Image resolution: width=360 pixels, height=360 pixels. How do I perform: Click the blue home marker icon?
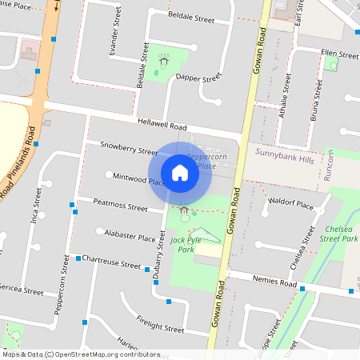180,172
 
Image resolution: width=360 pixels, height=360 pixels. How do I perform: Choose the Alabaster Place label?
130,238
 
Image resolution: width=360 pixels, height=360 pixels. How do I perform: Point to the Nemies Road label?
277,284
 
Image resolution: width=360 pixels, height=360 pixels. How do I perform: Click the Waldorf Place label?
291,204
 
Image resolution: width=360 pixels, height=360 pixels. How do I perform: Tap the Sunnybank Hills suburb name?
286,151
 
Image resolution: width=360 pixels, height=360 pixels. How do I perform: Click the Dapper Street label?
198,78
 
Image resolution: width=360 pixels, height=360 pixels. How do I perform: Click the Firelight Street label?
161,327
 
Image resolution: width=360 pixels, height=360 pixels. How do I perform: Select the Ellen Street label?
339,54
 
